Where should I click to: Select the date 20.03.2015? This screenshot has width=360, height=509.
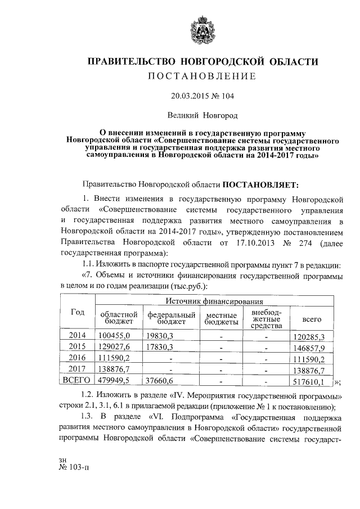coord(191,96)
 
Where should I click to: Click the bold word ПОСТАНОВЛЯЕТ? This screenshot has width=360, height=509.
coord(264,184)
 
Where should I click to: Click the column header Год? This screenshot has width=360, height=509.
coord(77,313)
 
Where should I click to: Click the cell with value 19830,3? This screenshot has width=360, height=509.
coord(159,335)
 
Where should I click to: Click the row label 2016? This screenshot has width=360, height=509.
coord(77,358)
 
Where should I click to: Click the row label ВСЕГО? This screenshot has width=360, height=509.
coord(77,381)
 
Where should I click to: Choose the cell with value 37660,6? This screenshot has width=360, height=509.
coord(159,381)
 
